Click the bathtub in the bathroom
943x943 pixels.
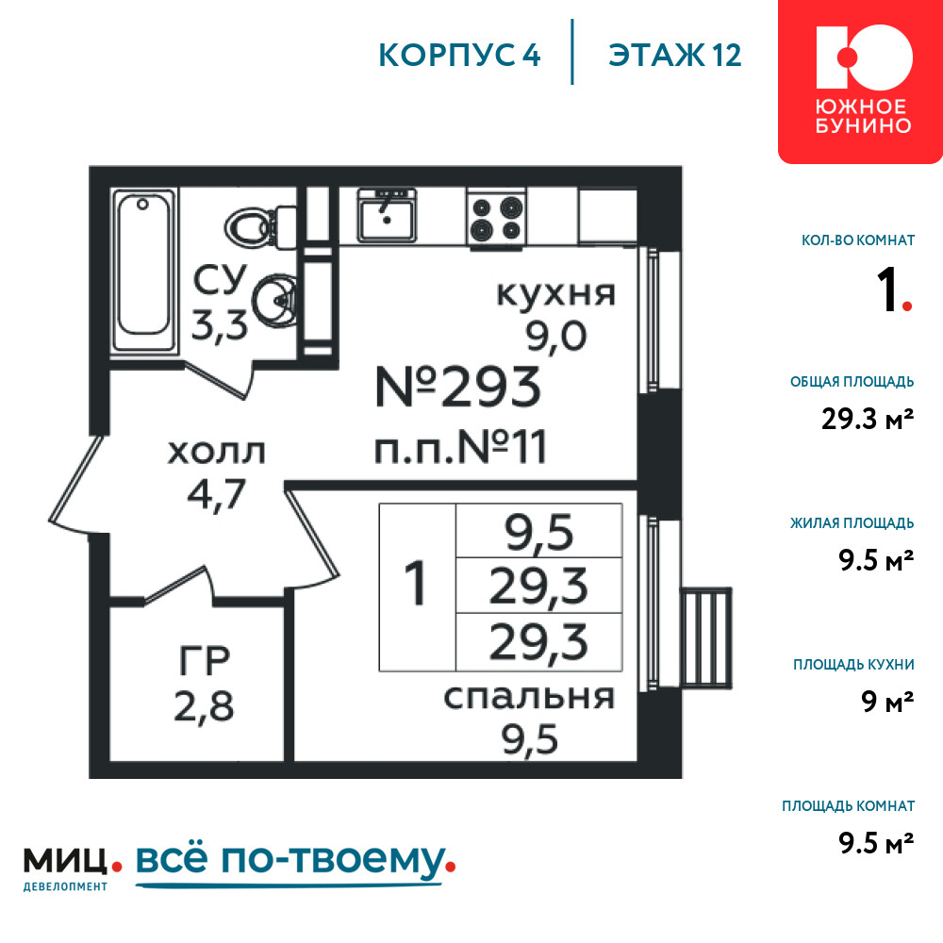point(144,270)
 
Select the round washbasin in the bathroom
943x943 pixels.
point(274,300)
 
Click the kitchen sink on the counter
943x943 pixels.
point(387,215)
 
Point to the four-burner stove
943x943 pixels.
point(496,218)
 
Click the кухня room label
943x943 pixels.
point(555,293)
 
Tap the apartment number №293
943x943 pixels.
point(457,388)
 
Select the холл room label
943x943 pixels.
point(216,453)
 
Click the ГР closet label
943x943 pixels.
point(205,661)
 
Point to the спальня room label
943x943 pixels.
point(529,698)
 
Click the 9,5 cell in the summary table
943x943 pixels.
point(538,532)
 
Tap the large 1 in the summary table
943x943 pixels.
point(416,584)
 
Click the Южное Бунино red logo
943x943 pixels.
point(861,81)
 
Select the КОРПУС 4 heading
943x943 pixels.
point(459,56)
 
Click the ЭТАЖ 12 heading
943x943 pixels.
point(674,56)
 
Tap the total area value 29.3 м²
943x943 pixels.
point(868,419)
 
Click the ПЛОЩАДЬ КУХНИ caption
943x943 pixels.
point(853,665)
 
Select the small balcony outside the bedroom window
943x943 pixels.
point(706,637)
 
